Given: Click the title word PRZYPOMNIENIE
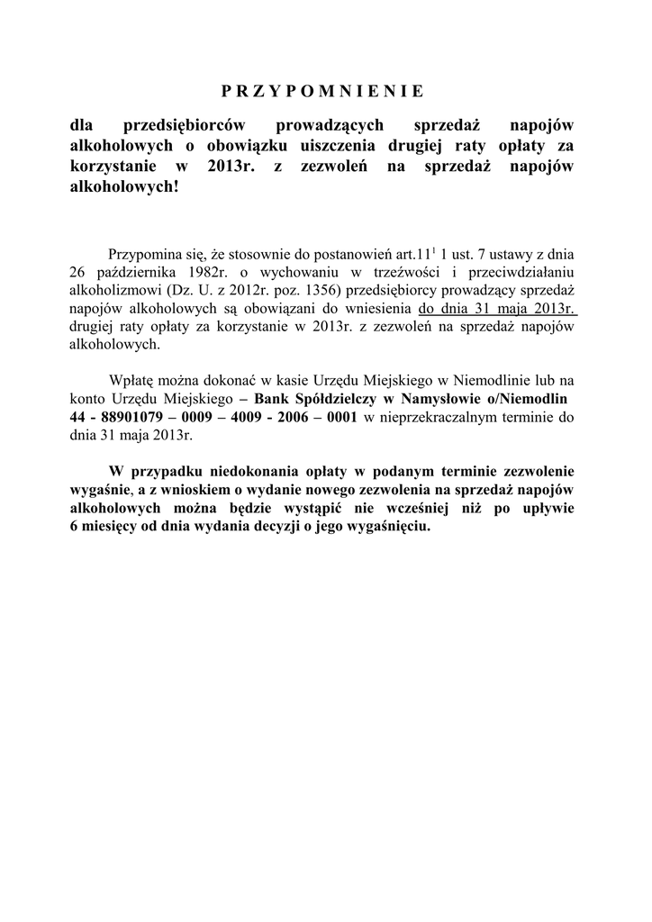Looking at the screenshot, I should pos(321,91).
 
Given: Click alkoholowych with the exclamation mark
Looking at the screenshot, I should pos(125,189).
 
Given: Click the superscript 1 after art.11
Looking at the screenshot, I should pos(434,249).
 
